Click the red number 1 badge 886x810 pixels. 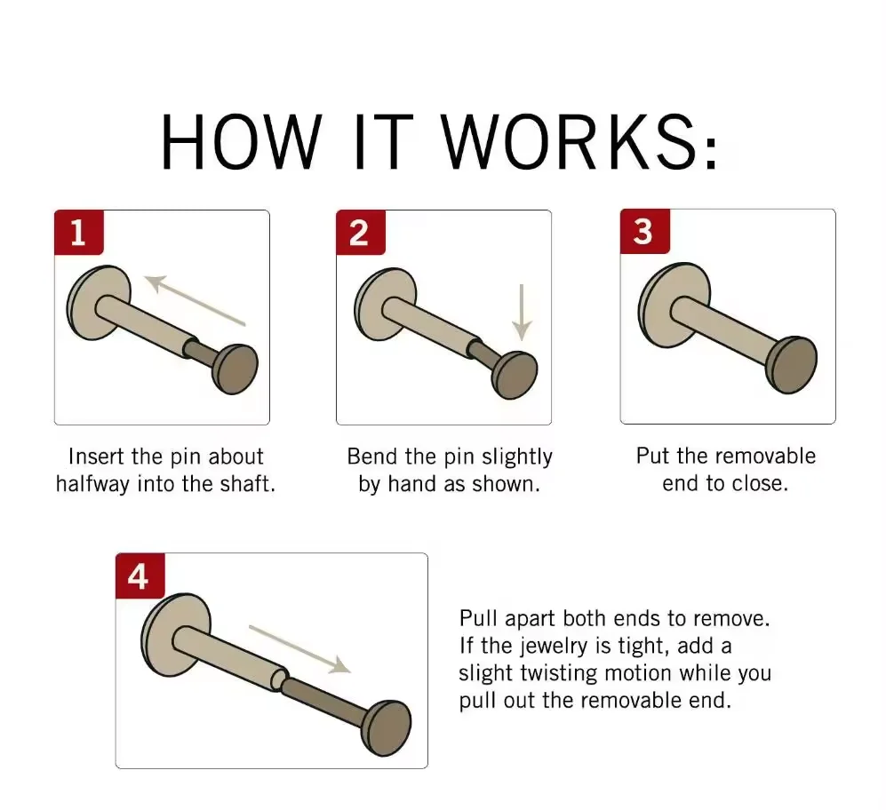point(79,232)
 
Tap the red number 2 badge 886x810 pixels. point(361,232)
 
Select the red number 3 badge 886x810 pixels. point(644,232)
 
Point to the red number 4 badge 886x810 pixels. point(140,576)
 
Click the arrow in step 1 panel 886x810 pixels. point(196,299)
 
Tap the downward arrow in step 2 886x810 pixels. point(522,313)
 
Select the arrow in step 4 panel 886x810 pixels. point(299,649)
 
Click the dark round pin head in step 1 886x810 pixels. point(235,369)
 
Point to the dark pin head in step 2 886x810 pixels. point(515,375)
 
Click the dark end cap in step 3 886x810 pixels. point(792,364)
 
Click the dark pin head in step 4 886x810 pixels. point(386,728)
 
